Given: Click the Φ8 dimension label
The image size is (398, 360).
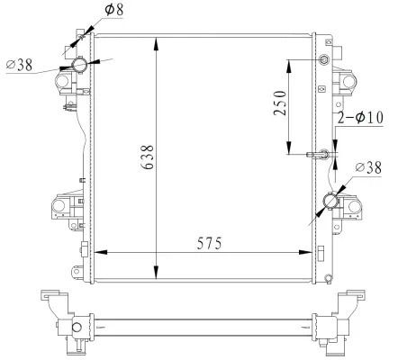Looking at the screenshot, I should click(115, 11).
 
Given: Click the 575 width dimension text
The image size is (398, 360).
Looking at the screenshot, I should click(204, 243).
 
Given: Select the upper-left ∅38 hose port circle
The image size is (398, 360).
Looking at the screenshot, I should click(79, 64).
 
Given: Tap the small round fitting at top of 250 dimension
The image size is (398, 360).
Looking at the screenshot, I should click(325, 60).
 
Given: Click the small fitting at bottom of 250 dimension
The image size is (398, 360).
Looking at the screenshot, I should click(322, 153).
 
